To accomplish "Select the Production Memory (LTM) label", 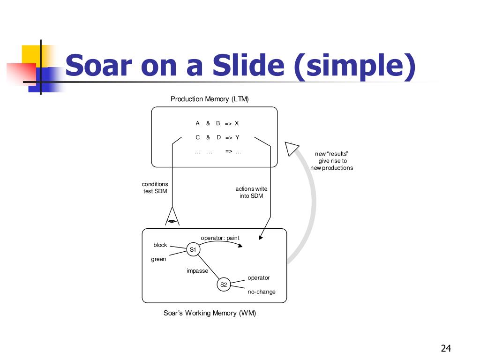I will coord(210,99).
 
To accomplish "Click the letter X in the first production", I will coord(237,123).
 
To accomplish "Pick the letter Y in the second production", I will coord(237,137).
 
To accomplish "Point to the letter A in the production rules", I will coord(197,123).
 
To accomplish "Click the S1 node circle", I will coord(193,249).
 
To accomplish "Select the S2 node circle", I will coord(224,285).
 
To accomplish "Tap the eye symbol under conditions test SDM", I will coord(172,221).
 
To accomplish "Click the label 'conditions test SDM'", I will coord(155,187).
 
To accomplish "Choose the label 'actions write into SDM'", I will coord(251,192).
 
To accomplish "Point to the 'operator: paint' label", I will coord(220,238).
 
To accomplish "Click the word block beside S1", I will coord(160,245).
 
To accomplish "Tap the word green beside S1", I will coord(158,259).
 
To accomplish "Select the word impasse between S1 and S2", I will coord(197,271).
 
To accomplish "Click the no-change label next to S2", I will coord(262,292).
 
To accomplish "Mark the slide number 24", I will coord(446,348).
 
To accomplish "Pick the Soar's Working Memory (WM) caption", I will coord(210,313).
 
